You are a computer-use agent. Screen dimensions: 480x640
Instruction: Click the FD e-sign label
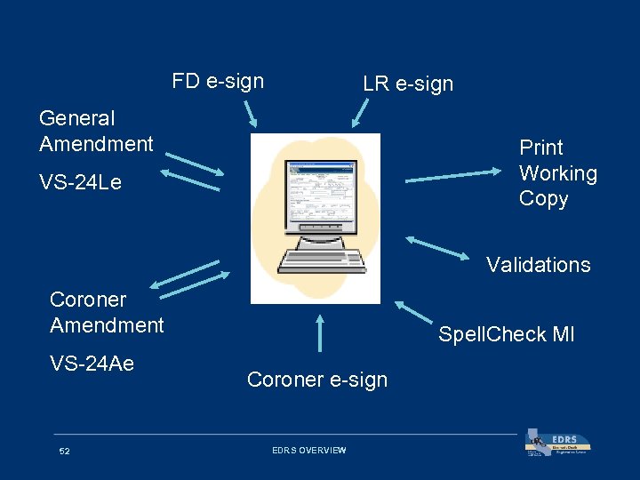coord(218,82)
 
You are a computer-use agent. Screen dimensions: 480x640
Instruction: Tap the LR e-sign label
coord(408,84)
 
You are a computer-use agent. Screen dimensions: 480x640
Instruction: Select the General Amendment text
coord(96,131)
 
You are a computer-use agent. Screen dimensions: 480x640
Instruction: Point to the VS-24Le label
coord(80,183)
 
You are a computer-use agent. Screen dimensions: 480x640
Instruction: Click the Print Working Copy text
coord(557,173)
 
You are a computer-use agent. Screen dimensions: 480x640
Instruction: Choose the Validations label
coord(538,265)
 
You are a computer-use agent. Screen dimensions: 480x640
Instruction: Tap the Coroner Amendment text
coord(107,313)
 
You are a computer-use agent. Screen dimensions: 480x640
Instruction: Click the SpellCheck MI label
coord(506,335)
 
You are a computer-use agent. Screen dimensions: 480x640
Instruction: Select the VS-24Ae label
coord(92,363)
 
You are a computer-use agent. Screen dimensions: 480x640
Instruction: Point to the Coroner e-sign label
coord(317,380)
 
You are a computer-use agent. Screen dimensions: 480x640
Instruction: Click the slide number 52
coord(64,452)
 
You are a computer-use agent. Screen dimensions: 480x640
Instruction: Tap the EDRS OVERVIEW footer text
coord(308,451)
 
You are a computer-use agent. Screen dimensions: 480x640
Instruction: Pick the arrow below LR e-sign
coord(362,113)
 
